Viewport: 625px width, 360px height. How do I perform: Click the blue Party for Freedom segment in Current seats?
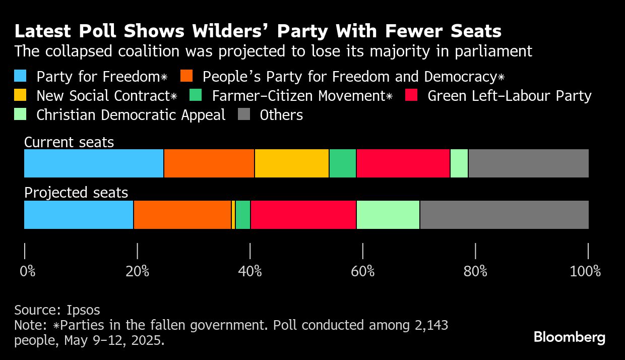point(94,163)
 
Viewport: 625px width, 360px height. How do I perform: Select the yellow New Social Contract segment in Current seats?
point(292,163)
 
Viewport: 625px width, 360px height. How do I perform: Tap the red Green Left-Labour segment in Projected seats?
point(303,215)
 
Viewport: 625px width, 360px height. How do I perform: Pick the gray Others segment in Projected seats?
point(504,215)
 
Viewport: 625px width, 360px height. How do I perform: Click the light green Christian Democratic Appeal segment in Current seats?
point(459,163)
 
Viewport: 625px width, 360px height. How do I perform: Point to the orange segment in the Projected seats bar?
point(182,215)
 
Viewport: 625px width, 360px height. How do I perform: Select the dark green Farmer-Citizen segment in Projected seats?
point(243,215)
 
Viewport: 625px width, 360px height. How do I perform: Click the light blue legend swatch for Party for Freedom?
point(21,76)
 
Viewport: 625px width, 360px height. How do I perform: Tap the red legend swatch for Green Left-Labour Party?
point(412,95)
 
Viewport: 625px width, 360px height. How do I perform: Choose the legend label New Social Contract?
point(106,96)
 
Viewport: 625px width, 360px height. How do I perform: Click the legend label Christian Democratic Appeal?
point(131,115)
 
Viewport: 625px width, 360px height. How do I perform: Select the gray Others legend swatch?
point(244,114)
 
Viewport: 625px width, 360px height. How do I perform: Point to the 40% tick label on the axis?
point(250,272)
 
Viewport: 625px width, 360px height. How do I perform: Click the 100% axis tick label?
point(585,272)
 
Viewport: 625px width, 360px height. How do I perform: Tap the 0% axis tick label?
point(28,272)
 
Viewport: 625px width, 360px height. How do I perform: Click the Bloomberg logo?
point(570,337)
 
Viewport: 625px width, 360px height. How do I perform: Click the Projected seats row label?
point(76,193)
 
